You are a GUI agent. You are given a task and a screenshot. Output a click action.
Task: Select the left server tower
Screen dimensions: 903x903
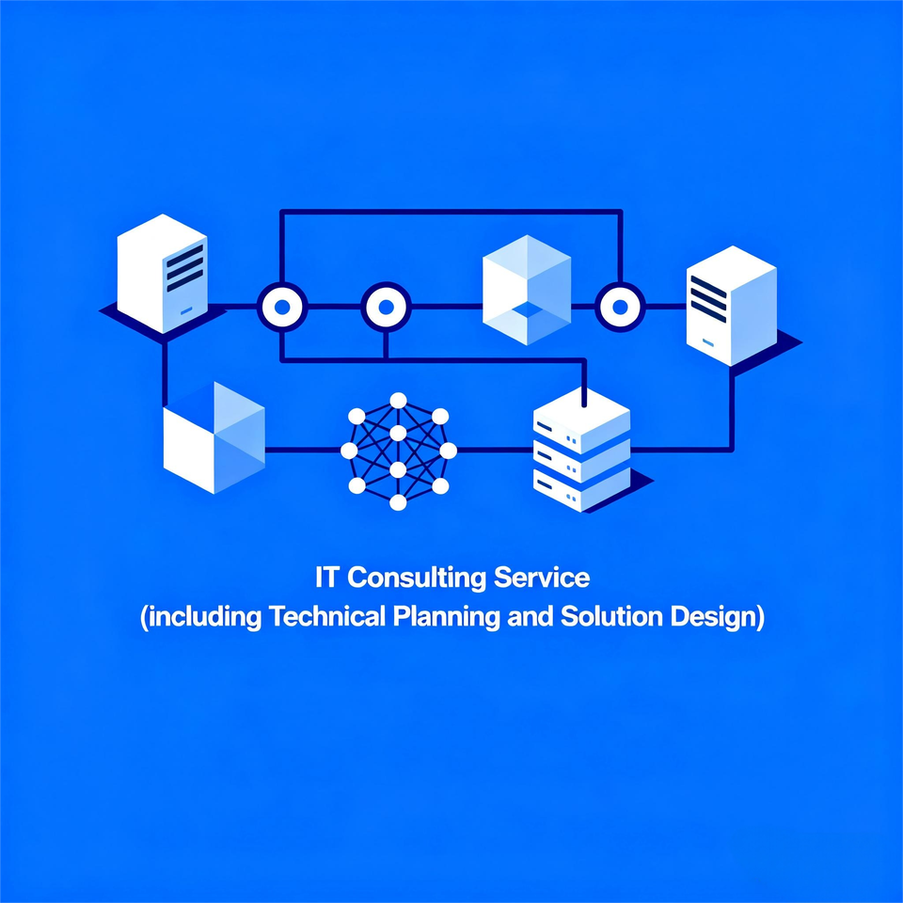(161, 273)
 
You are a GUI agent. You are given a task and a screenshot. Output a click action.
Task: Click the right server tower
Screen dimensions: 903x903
(731, 306)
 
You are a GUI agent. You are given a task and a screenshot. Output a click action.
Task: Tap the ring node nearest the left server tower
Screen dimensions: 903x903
(281, 306)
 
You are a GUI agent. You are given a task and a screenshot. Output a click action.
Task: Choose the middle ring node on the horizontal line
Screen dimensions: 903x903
(386, 306)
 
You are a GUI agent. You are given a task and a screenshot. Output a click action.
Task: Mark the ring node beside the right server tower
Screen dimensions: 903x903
(619, 306)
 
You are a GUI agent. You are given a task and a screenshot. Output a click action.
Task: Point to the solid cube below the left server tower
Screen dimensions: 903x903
(214, 437)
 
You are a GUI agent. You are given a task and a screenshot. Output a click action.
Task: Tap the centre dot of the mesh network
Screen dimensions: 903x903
(398, 451)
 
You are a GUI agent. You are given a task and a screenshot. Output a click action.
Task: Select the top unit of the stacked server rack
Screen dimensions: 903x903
(580, 414)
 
